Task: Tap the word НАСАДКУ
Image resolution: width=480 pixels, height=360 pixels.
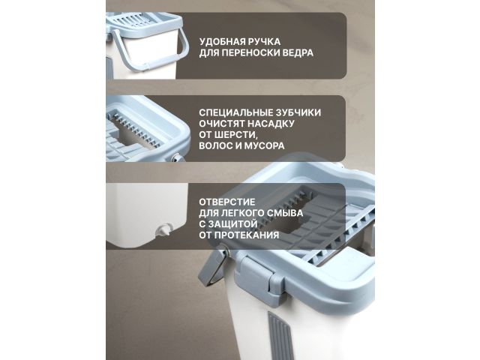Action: click(x=272, y=123)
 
